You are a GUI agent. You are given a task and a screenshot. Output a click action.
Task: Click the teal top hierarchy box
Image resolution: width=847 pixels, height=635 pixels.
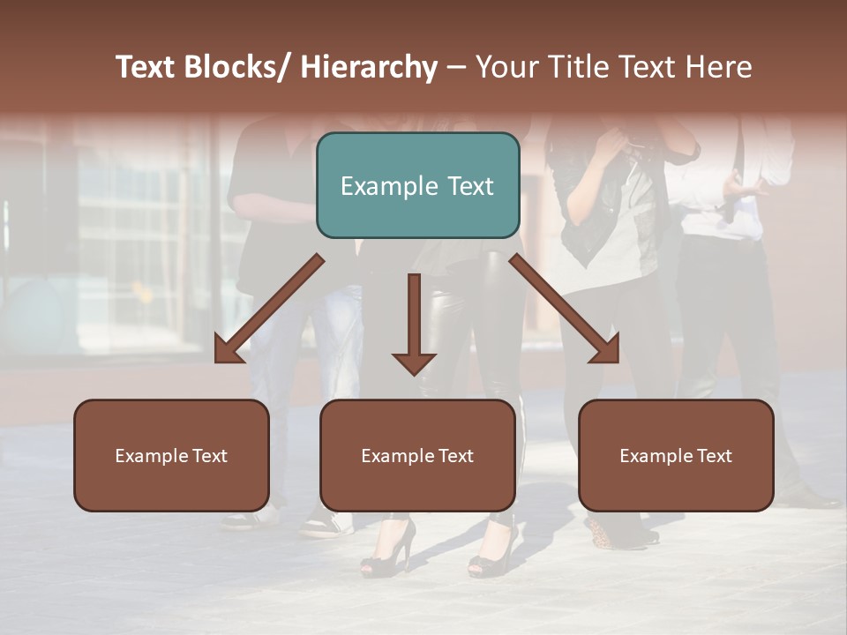(417, 185)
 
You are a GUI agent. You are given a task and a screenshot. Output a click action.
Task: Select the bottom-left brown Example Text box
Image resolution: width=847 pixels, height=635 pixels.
(171, 455)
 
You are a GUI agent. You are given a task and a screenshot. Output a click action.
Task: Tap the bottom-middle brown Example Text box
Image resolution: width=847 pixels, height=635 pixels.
(417, 455)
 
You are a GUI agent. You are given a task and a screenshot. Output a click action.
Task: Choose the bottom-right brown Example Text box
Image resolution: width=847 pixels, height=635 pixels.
(676, 455)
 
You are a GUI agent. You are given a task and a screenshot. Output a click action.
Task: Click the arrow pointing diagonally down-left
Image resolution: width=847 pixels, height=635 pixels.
(268, 310)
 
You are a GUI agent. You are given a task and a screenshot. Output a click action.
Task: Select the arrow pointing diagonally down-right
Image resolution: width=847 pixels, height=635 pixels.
(565, 310)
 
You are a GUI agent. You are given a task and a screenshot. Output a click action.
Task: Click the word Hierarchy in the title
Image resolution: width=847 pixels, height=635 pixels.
(369, 68)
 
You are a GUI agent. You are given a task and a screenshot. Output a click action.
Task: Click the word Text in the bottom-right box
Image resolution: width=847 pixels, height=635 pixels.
(714, 455)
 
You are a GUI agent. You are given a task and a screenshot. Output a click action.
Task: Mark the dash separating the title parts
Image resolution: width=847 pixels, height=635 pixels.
(456, 68)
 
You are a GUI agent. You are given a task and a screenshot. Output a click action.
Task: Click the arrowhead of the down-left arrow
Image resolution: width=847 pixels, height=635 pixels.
(228, 350)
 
